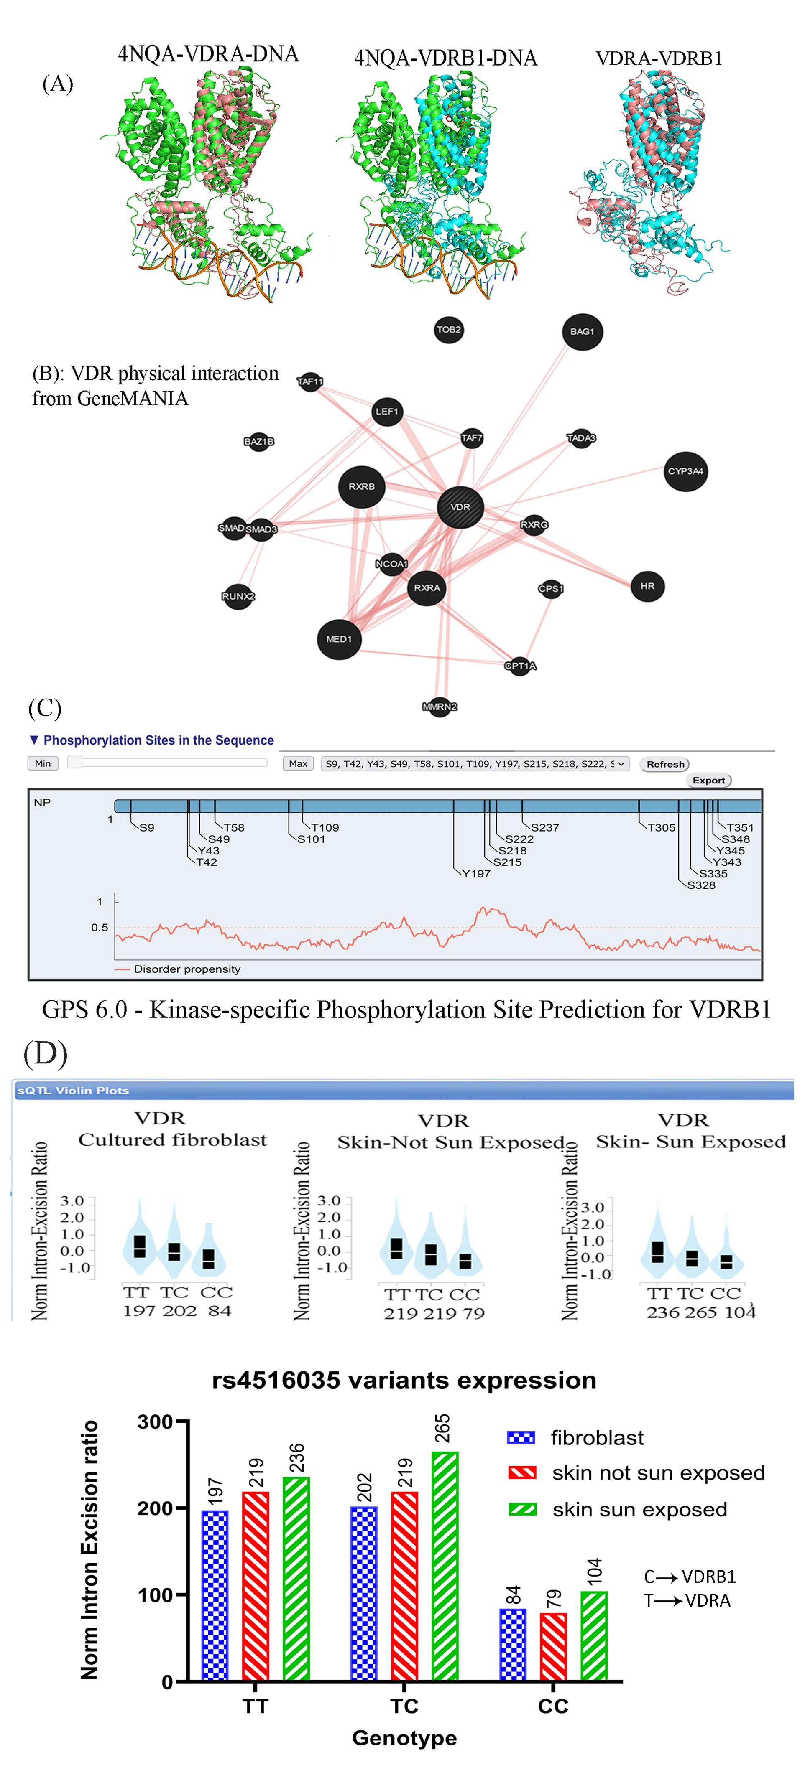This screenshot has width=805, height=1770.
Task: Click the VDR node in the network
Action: (460, 507)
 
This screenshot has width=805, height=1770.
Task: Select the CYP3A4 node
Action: (685, 471)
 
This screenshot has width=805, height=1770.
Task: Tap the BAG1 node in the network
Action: (582, 332)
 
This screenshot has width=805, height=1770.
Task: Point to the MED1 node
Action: (339, 639)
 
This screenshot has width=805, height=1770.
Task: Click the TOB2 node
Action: (449, 330)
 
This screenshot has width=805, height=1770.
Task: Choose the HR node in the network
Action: (647, 586)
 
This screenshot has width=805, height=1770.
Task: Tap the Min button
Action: (43, 763)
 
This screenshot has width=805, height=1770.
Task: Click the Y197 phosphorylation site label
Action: (476, 873)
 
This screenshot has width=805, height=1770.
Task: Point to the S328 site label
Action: (701, 885)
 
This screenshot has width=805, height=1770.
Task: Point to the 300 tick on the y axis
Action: (156, 1422)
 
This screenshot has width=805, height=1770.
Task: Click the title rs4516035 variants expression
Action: (404, 1380)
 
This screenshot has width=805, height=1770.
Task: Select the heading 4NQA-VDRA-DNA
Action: (208, 53)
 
